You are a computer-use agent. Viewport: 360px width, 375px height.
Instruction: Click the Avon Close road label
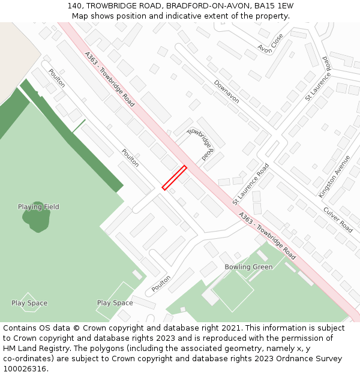(270, 43)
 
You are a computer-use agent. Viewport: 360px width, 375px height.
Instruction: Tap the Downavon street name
(226, 92)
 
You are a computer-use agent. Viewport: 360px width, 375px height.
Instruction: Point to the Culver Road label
(338, 220)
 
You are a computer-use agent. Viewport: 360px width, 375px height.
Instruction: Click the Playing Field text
(38, 207)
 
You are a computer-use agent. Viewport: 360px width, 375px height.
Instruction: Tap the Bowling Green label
(248, 267)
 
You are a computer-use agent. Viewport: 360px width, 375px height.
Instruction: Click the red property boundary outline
(175, 178)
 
